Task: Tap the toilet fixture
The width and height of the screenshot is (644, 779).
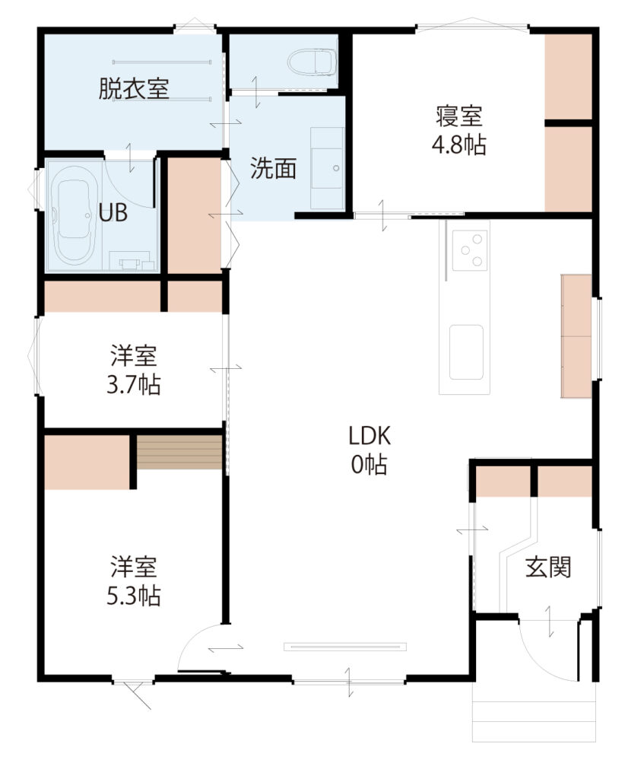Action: click(311, 62)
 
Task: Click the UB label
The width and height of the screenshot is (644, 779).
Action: click(113, 213)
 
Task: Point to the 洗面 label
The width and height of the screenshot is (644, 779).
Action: click(273, 168)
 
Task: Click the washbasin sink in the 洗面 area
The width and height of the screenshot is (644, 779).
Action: click(327, 168)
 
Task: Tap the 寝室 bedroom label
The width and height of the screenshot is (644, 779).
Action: click(459, 116)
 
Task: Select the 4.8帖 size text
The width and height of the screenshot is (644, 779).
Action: click(458, 145)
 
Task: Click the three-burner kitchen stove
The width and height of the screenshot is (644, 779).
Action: click(469, 251)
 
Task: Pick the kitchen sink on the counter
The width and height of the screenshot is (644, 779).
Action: click(466, 352)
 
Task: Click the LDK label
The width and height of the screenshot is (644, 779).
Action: click(370, 436)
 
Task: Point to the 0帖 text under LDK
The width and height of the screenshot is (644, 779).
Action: click(370, 465)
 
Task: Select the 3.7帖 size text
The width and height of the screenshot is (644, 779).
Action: click(134, 385)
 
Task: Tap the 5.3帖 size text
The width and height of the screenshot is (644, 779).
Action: click(134, 596)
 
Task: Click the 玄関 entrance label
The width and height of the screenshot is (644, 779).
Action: click(548, 567)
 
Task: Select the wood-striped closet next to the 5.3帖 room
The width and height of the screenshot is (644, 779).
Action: click(179, 452)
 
